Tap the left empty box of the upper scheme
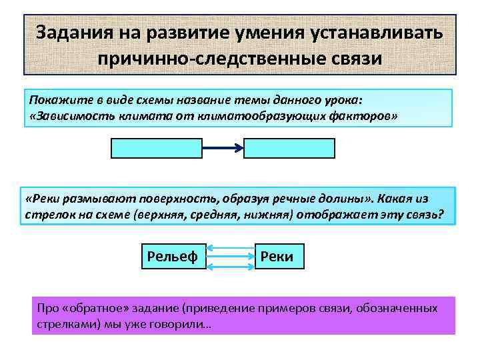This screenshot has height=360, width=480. [x=156, y=148]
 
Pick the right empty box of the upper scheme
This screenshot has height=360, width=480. [x=289, y=148]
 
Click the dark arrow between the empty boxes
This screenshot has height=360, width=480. [x=223, y=148]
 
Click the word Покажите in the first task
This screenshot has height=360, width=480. [x=55, y=100]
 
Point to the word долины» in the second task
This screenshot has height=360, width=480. [x=345, y=199]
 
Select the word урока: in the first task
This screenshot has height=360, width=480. [x=340, y=100]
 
